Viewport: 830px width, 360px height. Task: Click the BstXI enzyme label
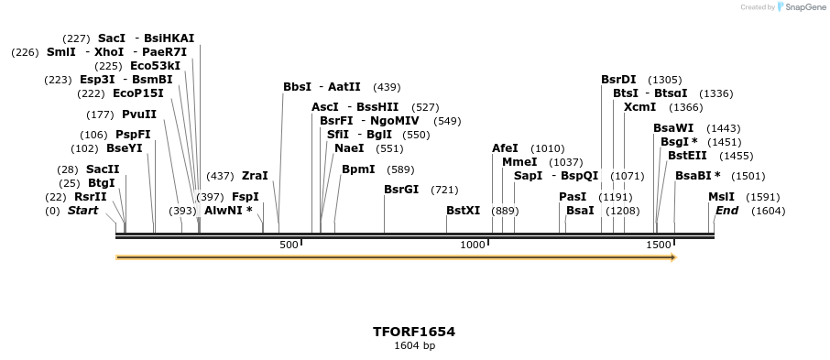pyautogui.click(x=463, y=211)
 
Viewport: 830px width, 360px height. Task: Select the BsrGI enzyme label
pyautogui.click(x=401, y=190)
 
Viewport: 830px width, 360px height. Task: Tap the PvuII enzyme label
pyautogui.click(x=139, y=115)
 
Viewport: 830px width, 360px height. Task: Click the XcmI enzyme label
pyautogui.click(x=639, y=107)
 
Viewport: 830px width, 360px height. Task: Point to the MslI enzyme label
pyautogui.click(x=721, y=197)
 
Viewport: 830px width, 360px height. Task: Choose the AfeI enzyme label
pyautogui.click(x=505, y=148)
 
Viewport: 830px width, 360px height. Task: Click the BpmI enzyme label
pyautogui.click(x=358, y=169)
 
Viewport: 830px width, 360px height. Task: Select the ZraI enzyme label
pyautogui.click(x=255, y=176)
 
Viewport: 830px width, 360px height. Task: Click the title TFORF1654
pyautogui.click(x=414, y=332)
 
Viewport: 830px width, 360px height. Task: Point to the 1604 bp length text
pyautogui.click(x=414, y=346)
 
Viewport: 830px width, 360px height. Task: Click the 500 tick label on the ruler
pyautogui.click(x=289, y=245)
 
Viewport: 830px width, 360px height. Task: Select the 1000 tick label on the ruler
pyautogui.click(x=473, y=245)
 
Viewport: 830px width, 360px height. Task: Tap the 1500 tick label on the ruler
pyautogui.click(x=658, y=245)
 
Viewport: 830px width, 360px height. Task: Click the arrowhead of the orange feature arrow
pyautogui.click(x=672, y=257)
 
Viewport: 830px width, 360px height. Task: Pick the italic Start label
pyautogui.click(x=82, y=211)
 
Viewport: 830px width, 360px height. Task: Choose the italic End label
pyautogui.click(x=726, y=211)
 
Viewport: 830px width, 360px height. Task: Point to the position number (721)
pyautogui.click(x=444, y=190)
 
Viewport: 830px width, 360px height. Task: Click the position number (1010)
pyautogui.click(x=548, y=148)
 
